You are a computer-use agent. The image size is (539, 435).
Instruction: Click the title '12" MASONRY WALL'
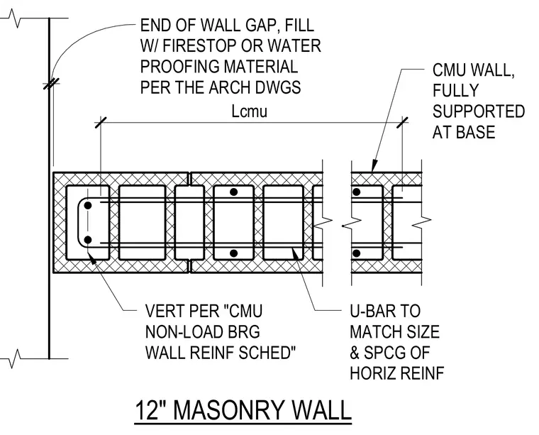pyautogui.click(x=243, y=410)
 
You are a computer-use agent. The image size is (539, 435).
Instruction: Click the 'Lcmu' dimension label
pyautogui.click(x=249, y=111)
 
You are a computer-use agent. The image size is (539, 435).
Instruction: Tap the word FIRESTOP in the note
pyautogui.click(x=199, y=45)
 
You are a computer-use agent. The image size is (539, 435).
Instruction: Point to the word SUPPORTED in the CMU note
pyautogui.click(x=479, y=111)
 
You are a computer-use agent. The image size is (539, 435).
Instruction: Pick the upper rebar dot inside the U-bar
pyautogui.click(x=88, y=205)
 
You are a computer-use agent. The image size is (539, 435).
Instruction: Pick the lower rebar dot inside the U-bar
pyautogui.click(x=88, y=240)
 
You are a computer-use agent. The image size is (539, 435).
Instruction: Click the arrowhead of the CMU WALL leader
pyautogui.click(x=374, y=166)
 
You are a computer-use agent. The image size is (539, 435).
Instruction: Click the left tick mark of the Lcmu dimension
pyautogui.click(x=101, y=123)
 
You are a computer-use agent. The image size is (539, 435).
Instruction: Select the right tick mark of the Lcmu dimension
pyautogui.click(x=403, y=123)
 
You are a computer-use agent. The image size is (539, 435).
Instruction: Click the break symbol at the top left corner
pyautogui.click(x=13, y=18)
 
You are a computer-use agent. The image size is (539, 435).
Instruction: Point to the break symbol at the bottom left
pyautogui.click(x=13, y=358)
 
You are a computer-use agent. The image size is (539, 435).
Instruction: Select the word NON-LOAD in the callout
pyautogui.click(x=178, y=331)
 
